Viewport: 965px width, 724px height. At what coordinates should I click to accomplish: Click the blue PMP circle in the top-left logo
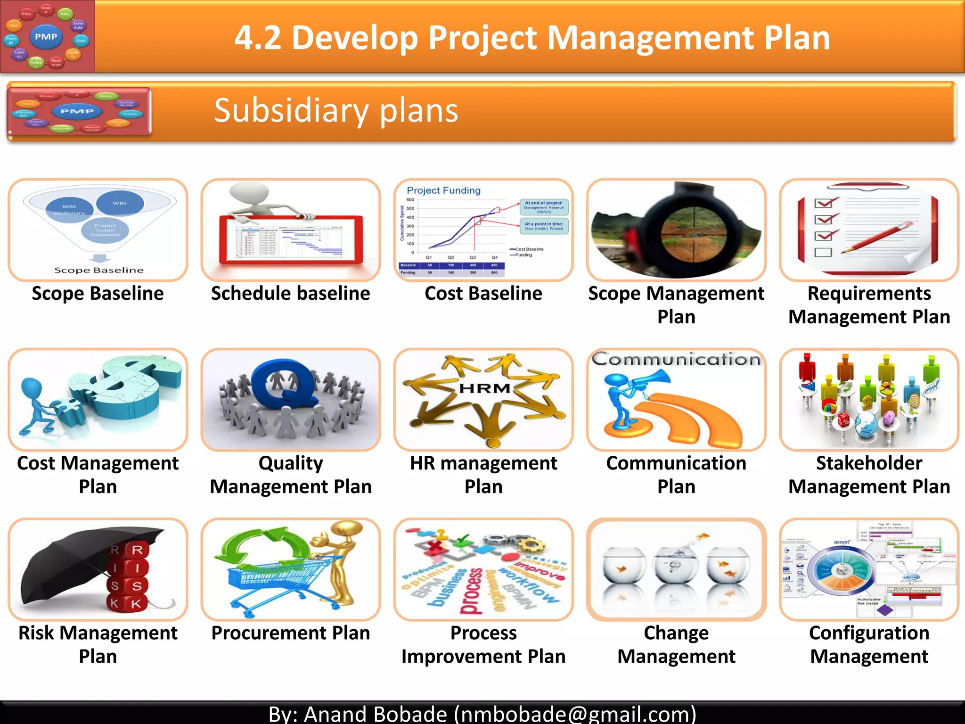coord(46,37)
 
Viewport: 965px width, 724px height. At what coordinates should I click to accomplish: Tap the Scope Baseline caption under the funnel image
coord(98,294)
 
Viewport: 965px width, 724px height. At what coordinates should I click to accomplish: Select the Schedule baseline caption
coord(290,294)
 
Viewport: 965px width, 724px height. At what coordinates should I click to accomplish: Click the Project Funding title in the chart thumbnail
coord(443,190)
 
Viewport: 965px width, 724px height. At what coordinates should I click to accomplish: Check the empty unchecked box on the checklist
coord(823,253)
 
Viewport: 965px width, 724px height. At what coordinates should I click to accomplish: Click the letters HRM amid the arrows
coord(484,388)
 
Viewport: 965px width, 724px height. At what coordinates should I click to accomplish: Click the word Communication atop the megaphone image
coord(676,360)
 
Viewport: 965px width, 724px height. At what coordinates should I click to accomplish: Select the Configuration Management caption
coord(869,644)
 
